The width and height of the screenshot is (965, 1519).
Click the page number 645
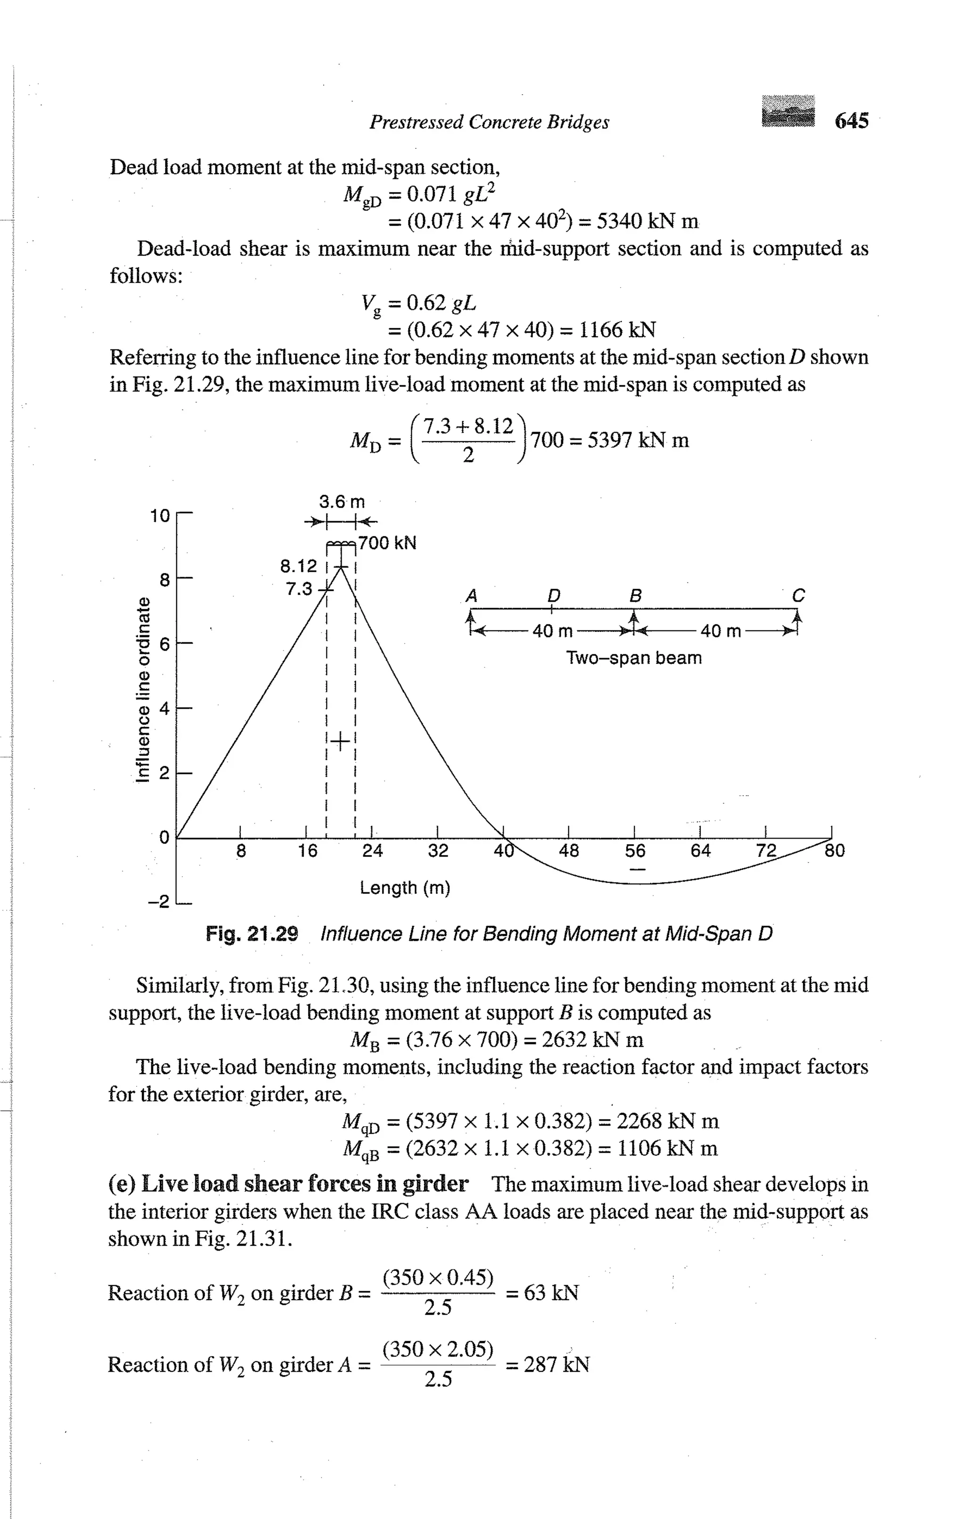851,121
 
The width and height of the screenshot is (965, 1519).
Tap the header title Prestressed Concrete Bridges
489,122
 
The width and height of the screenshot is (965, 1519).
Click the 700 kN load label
387,543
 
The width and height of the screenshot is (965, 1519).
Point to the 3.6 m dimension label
342,502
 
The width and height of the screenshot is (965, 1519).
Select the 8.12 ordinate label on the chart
299,566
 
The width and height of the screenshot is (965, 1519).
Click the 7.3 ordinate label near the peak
299,589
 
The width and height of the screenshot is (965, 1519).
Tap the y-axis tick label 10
160,516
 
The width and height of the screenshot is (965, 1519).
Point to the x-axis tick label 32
438,851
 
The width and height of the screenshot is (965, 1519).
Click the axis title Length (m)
405,888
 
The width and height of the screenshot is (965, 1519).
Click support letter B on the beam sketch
636,596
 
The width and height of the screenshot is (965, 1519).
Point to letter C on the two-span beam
798,596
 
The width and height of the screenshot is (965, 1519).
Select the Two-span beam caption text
634,658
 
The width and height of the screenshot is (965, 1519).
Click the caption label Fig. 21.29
252,934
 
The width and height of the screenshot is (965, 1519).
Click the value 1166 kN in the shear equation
617,330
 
